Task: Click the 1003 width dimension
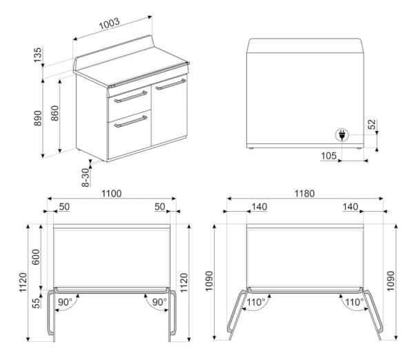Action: click(109, 23)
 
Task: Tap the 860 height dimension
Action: click(55, 114)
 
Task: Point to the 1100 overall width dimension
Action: click(111, 194)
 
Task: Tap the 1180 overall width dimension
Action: click(304, 194)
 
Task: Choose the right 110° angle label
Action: click(353, 302)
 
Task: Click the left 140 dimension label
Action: click(259, 207)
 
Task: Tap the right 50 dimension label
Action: click(159, 207)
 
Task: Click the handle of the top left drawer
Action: click(128, 95)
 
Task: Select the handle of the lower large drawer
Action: click(130, 121)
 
